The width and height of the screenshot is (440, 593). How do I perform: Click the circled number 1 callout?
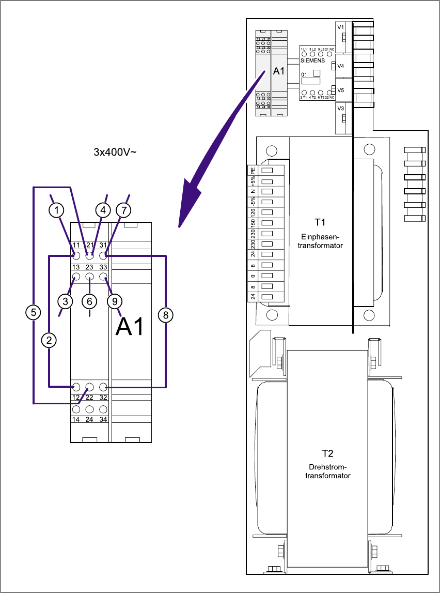tap(57, 210)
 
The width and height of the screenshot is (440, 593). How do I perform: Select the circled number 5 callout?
tap(34, 312)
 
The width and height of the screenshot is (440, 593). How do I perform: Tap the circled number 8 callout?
tap(166, 315)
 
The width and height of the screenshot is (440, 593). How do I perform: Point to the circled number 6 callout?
tap(89, 300)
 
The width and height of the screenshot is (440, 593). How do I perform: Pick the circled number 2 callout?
tap(50, 340)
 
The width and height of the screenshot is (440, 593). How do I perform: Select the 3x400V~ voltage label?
tap(114, 153)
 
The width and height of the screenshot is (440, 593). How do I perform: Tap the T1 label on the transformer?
tap(320, 222)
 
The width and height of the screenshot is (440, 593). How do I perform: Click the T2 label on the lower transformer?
tap(327, 453)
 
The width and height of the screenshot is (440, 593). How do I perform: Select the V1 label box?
tap(341, 26)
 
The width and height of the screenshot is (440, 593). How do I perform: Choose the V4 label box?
tap(341, 66)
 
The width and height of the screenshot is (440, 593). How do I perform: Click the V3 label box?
tap(341, 109)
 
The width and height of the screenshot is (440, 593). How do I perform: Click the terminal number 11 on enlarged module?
tap(76, 245)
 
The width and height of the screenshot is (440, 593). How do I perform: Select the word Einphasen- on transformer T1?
tap(320, 237)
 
